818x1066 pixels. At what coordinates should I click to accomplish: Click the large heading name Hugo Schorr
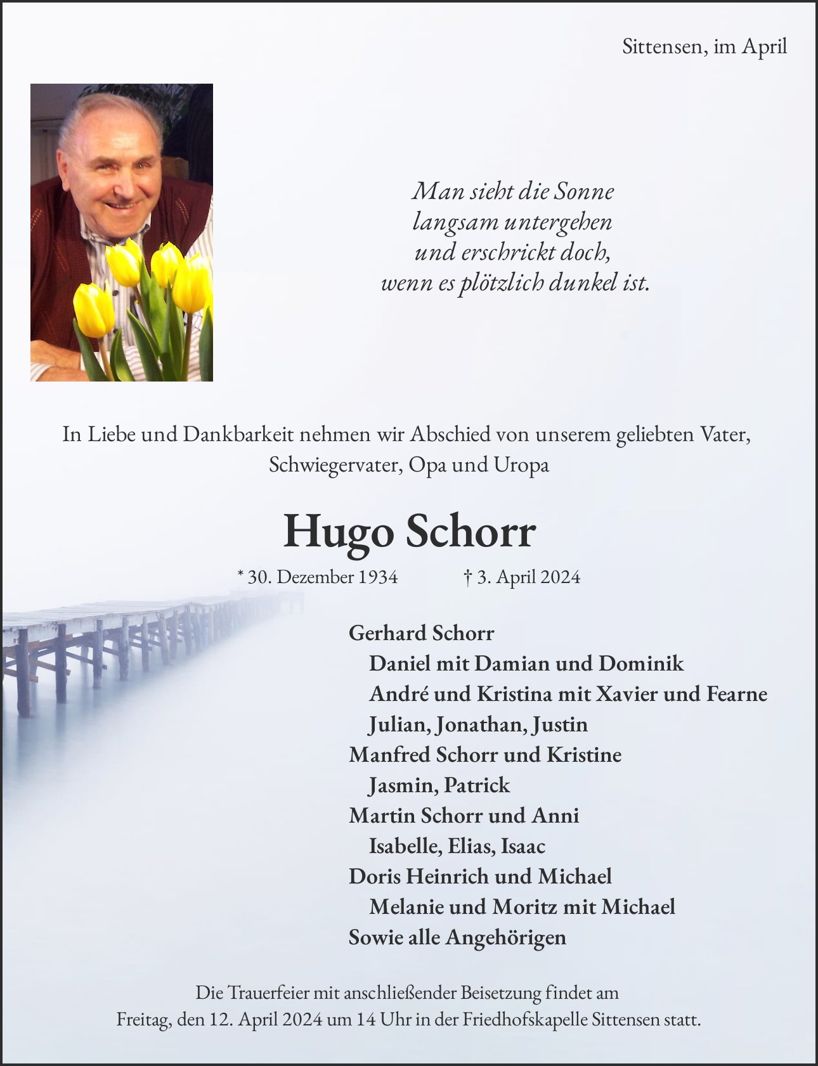(409, 531)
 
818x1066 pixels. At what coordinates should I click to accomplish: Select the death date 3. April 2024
(523, 577)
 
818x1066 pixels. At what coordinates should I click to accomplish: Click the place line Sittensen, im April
(704, 46)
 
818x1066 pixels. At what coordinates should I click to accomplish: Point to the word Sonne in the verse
(583, 191)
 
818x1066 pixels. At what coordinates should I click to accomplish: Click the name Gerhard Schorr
(421, 633)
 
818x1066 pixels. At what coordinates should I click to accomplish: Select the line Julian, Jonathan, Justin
(478, 724)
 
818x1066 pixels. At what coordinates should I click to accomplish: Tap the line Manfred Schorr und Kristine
(485, 754)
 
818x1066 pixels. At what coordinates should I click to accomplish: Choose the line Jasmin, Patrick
(439, 785)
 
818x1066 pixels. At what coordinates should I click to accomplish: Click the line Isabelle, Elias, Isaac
(457, 845)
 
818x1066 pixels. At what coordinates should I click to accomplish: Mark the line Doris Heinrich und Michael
(480, 876)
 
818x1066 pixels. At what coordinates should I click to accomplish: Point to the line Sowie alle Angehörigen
(457, 937)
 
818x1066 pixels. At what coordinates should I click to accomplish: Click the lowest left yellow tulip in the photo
(93, 310)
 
